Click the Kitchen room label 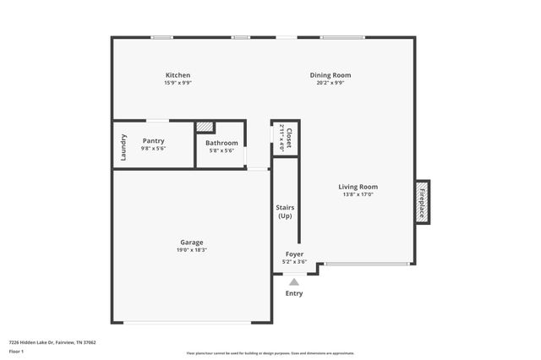[x=178, y=75]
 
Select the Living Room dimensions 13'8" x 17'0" [x=358, y=194]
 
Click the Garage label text [x=191, y=242]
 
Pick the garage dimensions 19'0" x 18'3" [x=191, y=250]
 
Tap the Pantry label [x=153, y=140]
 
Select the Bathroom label [x=221, y=143]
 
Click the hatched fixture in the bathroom [x=205, y=128]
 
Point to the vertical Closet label [x=288, y=138]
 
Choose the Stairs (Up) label [x=285, y=211]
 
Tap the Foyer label [x=294, y=254]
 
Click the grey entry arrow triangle [x=293, y=282]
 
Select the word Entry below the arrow [x=293, y=293]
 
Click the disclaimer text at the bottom [x=270, y=353]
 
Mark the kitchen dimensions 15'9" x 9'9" [x=178, y=83]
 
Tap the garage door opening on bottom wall [x=191, y=323]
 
